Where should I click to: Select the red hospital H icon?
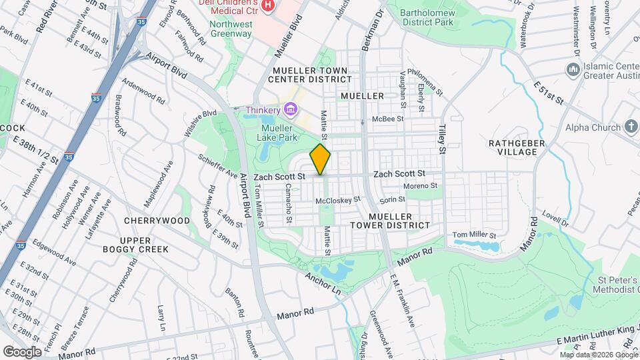pyautogui.click(x=268, y=6)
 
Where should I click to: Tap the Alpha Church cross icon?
pyautogui.click(x=631, y=127)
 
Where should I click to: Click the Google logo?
pyautogui.click(x=22, y=351)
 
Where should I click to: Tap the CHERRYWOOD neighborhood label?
pyautogui.click(x=157, y=220)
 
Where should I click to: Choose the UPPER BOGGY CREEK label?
pyautogui.click(x=145, y=245)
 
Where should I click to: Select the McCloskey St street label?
pyautogui.click(x=338, y=199)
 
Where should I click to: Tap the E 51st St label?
pyautogui.click(x=549, y=93)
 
